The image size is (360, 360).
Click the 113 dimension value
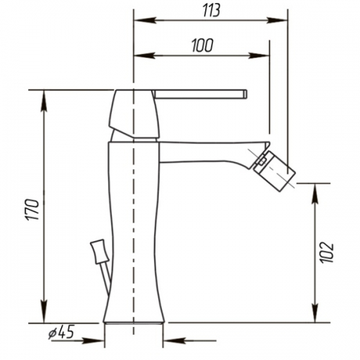point(211,11)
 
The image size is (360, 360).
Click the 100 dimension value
point(202,45)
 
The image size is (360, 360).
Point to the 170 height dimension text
point(33,210)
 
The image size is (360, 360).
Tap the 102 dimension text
point(328,253)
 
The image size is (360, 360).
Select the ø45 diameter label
point(61,332)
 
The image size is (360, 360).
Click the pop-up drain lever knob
point(99,251)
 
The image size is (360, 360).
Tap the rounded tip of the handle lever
point(246,94)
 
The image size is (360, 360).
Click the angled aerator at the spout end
point(275,171)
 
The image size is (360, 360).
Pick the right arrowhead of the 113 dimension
point(276,20)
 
